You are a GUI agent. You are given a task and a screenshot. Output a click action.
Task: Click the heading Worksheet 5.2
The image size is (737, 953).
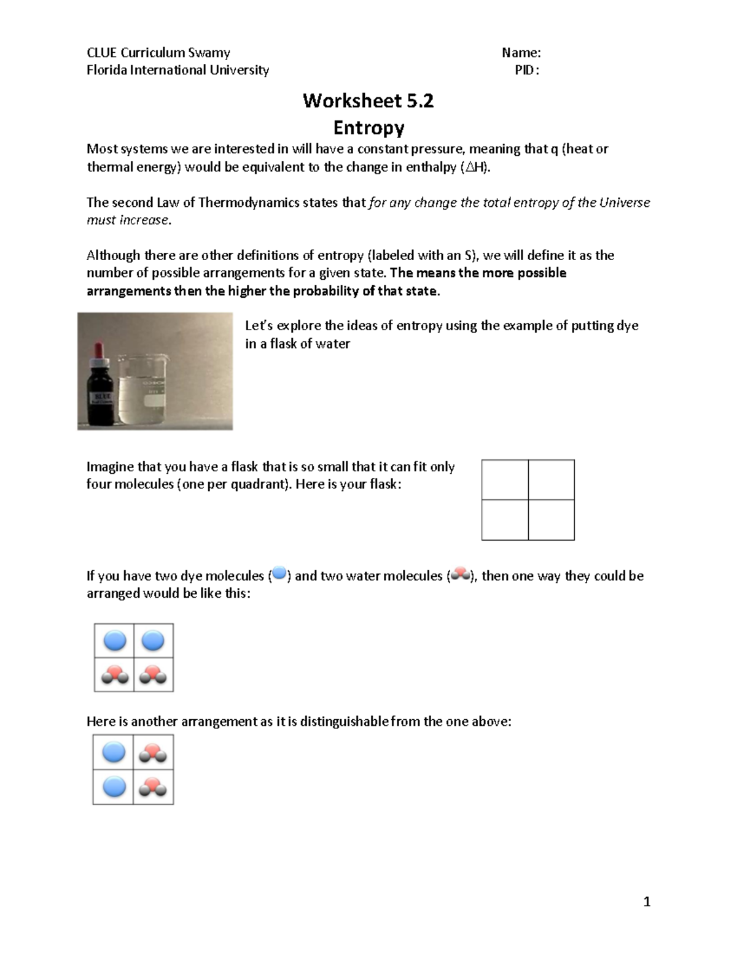(x=368, y=101)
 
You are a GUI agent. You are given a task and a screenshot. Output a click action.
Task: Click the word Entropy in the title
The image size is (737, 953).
(x=368, y=128)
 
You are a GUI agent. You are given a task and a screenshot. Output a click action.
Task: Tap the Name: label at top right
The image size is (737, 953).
(x=521, y=53)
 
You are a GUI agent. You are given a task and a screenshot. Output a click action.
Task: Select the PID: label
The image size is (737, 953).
(x=526, y=70)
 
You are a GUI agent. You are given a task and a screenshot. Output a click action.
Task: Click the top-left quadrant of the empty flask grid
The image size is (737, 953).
(x=505, y=479)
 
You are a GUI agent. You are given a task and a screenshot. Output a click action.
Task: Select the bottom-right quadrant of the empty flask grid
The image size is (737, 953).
(x=551, y=520)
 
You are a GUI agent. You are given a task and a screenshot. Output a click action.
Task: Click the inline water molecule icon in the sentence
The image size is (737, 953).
(x=460, y=575)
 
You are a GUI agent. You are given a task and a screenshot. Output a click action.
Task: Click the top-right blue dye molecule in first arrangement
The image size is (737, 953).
(x=153, y=641)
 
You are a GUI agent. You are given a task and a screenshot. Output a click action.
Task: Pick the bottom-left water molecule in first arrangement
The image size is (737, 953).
(x=114, y=674)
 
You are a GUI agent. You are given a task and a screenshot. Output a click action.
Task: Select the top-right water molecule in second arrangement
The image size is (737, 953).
(x=153, y=752)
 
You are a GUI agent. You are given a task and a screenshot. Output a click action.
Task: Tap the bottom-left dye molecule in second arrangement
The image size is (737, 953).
(x=114, y=787)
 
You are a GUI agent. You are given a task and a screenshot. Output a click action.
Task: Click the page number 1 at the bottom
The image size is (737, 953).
(x=646, y=901)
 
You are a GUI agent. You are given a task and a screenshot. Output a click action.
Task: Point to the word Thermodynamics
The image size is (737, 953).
(x=249, y=203)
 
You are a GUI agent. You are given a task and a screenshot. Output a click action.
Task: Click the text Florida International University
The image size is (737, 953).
(x=177, y=70)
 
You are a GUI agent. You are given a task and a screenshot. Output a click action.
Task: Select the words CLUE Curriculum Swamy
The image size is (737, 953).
(x=158, y=53)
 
